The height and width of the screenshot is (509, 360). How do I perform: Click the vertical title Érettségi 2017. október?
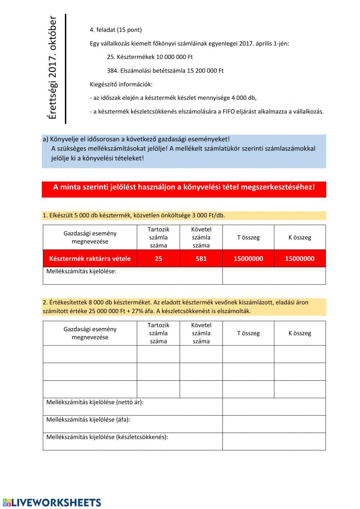coord(53,68)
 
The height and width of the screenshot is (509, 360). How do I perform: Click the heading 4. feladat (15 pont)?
coord(116,30)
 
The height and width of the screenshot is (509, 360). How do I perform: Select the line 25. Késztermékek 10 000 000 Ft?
coord(150,57)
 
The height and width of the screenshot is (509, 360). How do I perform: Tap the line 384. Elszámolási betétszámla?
coord(165,71)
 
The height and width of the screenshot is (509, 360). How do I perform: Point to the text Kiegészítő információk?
coord(121,84)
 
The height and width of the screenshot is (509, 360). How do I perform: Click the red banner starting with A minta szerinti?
coord(184,187)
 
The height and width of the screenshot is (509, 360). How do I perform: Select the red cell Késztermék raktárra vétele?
coord(90,259)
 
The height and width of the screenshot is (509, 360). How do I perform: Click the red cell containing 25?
coord(158,259)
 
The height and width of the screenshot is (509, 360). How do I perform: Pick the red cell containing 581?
coord(201,259)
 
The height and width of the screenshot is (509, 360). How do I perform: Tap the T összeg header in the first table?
coord(248,237)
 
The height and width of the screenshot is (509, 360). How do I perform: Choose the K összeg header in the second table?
coord(300,333)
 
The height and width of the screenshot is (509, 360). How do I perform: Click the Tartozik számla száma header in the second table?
coord(158,333)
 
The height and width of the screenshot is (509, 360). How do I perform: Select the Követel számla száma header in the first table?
coord(201,237)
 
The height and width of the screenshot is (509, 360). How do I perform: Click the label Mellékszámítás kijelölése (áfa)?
coord(88,420)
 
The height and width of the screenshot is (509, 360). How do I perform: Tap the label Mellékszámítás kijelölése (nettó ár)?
coord(95,402)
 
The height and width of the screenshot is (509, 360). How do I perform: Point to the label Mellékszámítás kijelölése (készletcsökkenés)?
coord(107,437)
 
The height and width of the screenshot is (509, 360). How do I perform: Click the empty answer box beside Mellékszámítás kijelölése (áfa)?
coord(274,424)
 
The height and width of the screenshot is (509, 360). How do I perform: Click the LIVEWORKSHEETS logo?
coord(52,503)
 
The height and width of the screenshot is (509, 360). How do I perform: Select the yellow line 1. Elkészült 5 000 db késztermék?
coord(134,215)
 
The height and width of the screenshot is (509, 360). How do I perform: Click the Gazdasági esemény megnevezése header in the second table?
coord(90,333)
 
